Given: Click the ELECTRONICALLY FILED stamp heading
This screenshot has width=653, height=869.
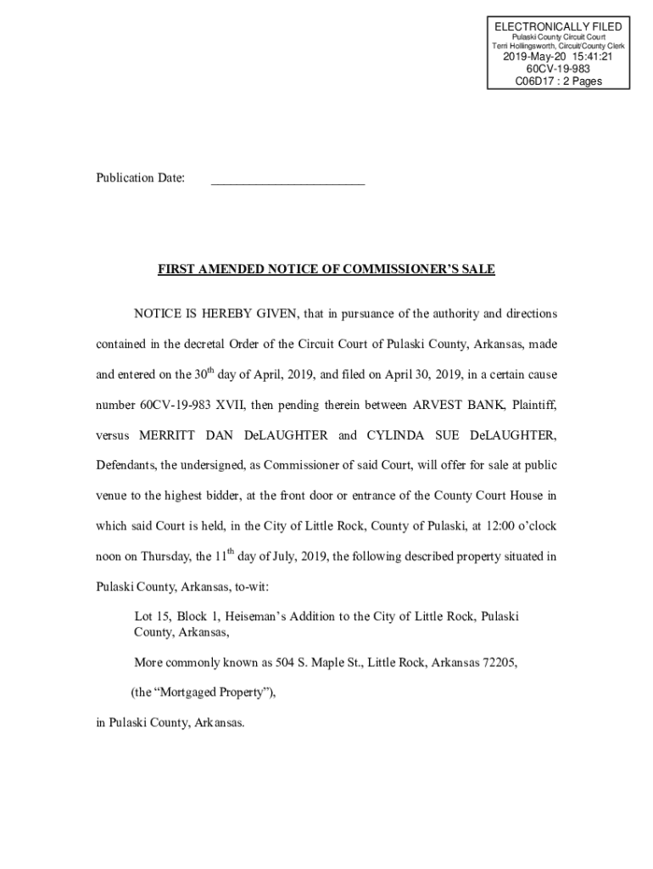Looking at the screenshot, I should [558, 27].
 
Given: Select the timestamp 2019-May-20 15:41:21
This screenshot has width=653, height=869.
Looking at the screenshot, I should [558, 57].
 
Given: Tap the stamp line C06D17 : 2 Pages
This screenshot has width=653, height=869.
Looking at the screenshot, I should [558, 81].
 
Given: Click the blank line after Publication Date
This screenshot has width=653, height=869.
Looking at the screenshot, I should [287, 179].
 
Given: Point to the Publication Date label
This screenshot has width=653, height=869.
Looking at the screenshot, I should [140, 178].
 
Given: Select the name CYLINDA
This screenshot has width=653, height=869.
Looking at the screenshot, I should [399, 435].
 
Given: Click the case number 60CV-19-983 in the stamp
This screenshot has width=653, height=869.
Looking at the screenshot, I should [558, 70].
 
